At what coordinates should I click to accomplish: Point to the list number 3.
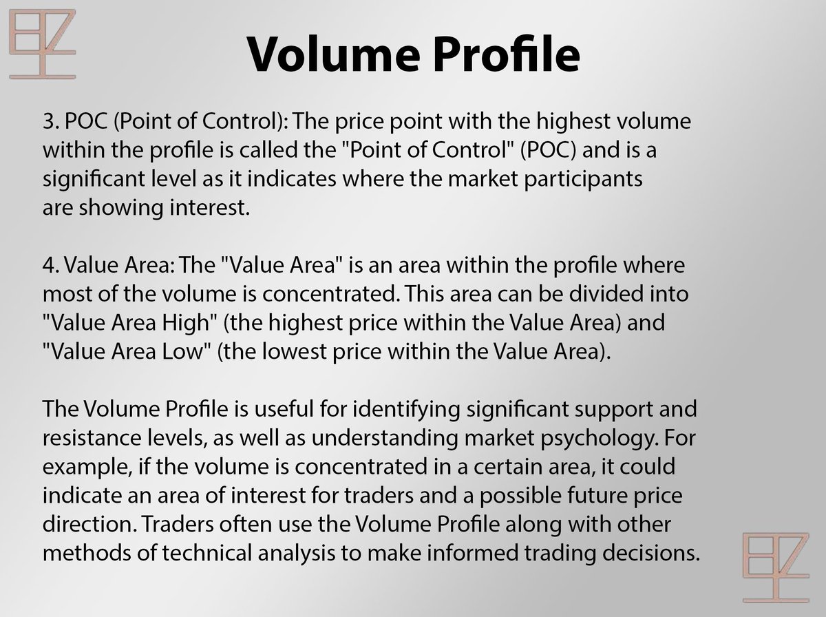pyautogui.click(x=50, y=121)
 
